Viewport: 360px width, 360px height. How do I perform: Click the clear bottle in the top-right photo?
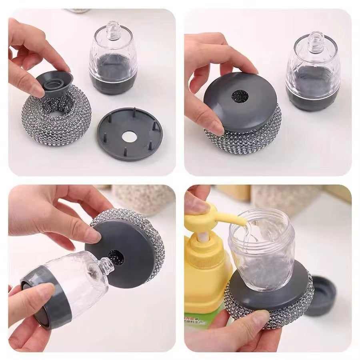point(313,74)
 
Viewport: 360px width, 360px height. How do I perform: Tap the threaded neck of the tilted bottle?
point(105,264)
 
